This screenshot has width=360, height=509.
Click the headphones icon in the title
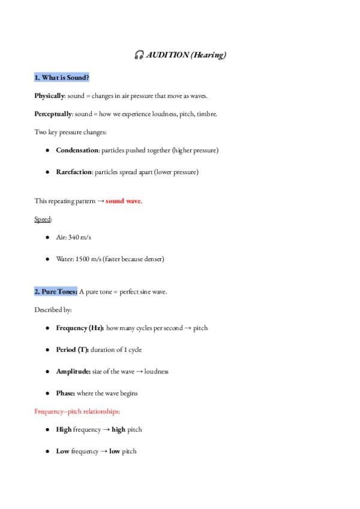139,56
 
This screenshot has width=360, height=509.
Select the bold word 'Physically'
49,96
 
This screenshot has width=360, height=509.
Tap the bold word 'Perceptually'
53,113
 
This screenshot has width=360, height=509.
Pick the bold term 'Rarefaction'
74,172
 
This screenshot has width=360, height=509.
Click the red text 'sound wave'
124,201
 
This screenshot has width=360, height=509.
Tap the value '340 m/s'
79,238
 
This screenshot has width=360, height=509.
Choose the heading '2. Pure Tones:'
56,292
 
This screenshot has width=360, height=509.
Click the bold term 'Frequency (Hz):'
80,328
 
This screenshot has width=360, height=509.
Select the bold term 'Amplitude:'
73,372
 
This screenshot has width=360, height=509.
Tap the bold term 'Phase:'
65,393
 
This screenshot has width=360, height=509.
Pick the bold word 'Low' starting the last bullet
62,451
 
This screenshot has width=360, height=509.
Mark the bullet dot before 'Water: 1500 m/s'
47,259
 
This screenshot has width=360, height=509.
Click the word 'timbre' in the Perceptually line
206,113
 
